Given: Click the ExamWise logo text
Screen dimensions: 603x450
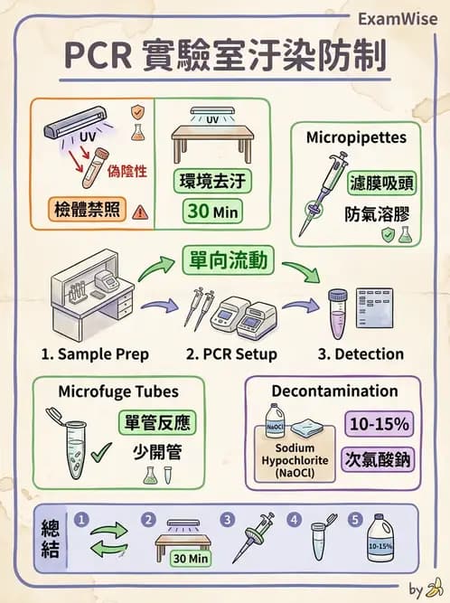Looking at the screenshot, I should point(398,19).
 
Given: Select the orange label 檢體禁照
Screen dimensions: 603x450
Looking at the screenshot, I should point(80,212).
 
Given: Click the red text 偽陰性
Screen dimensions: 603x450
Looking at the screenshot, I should point(126,170).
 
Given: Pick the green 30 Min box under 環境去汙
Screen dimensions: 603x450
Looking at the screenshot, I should point(212,212).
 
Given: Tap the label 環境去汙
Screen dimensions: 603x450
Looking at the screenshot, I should point(212,180).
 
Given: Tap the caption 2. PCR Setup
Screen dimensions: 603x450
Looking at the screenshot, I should point(231,353).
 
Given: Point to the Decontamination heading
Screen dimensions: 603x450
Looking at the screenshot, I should point(334,391).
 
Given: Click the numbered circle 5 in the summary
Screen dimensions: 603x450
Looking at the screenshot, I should point(355,520).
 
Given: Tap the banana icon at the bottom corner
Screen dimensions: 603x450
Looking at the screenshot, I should point(436,590).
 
